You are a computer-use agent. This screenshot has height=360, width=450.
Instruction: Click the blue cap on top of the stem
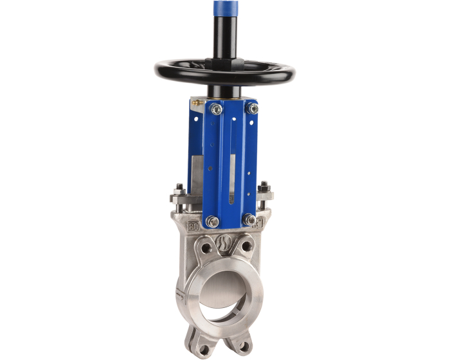click(x=224, y=9)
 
